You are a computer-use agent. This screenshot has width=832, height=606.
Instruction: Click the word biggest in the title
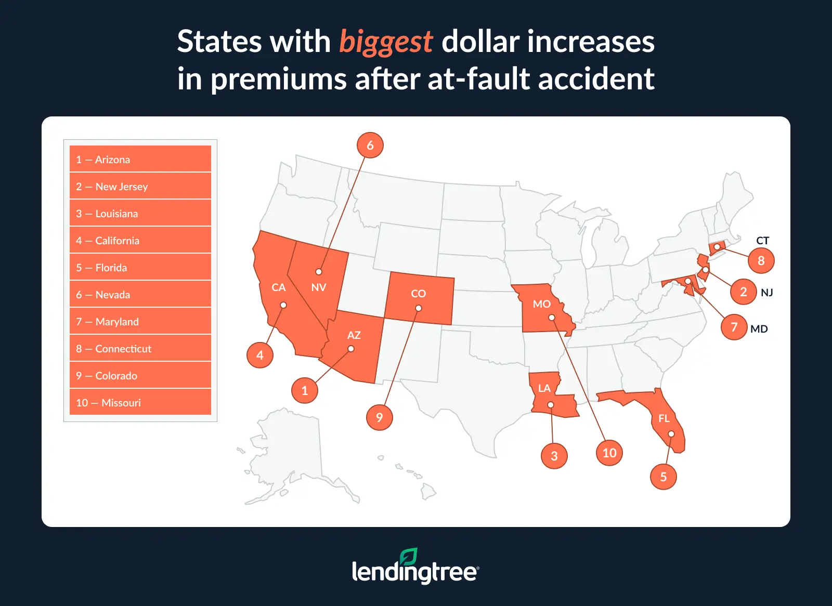[386, 42]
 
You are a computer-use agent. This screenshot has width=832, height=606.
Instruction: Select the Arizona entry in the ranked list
[140, 159]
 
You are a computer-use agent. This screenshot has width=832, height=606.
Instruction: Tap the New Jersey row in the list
[140, 186]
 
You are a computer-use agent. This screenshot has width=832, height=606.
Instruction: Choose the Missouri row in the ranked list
[140, 402]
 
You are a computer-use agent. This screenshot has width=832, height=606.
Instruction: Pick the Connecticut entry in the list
[140, 348]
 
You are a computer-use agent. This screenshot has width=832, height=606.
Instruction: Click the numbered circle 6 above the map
[370, 145]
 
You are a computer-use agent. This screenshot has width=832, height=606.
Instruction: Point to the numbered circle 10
[609, 453]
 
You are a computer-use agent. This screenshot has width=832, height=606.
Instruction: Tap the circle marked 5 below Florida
[663, 477]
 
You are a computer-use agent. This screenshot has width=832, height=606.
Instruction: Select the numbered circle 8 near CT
[761, 260]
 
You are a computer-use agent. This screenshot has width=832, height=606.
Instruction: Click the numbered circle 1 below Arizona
[305, 390]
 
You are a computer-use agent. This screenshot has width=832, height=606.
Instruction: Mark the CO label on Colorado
[418, 294]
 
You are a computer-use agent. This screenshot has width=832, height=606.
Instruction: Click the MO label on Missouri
[541, 304]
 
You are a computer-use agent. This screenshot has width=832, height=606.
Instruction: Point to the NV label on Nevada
[318, 287]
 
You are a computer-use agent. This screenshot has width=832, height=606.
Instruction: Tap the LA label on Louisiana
[544, 388]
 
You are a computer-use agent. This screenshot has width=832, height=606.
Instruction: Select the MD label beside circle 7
[759, 329]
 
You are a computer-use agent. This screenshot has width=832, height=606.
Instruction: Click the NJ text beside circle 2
[766, 293]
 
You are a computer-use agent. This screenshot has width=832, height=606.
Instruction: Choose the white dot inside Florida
[671, 434]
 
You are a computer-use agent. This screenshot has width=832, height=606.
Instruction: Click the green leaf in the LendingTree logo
[409, 557]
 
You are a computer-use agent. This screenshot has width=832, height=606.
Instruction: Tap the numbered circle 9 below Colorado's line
[379, 417]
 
